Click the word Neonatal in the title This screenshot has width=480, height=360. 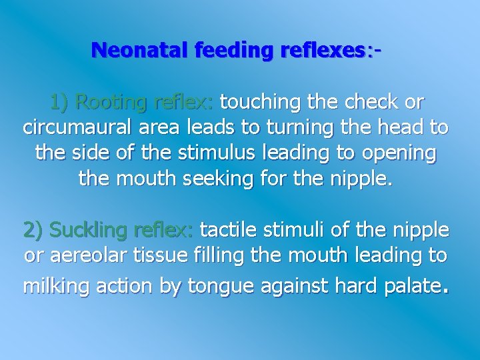tap(133, 50)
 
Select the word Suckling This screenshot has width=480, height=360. tap(89, 231)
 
